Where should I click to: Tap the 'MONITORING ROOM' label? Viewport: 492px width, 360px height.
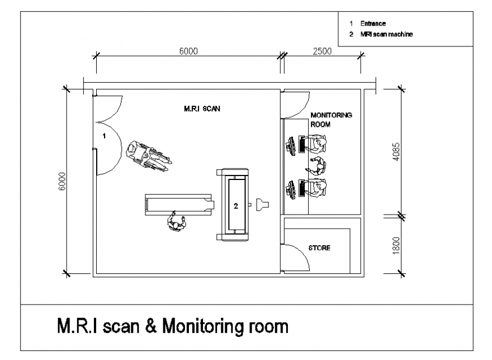[x=331, y=118]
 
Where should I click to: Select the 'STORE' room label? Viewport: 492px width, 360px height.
[x=319, y=248]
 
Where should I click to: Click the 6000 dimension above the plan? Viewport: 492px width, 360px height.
[x=188, y=51]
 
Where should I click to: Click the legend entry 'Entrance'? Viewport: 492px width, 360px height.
[x=374, y=24]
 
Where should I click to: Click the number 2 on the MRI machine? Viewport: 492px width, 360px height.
[x=236, y=205]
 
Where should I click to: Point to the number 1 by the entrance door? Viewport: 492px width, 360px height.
[x=103, y=136]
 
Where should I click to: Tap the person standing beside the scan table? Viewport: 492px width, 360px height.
[x=177, y=222]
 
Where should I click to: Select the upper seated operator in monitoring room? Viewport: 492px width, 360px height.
[x=316, y=144]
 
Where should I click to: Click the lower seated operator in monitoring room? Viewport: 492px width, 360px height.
[x=317, y=188]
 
